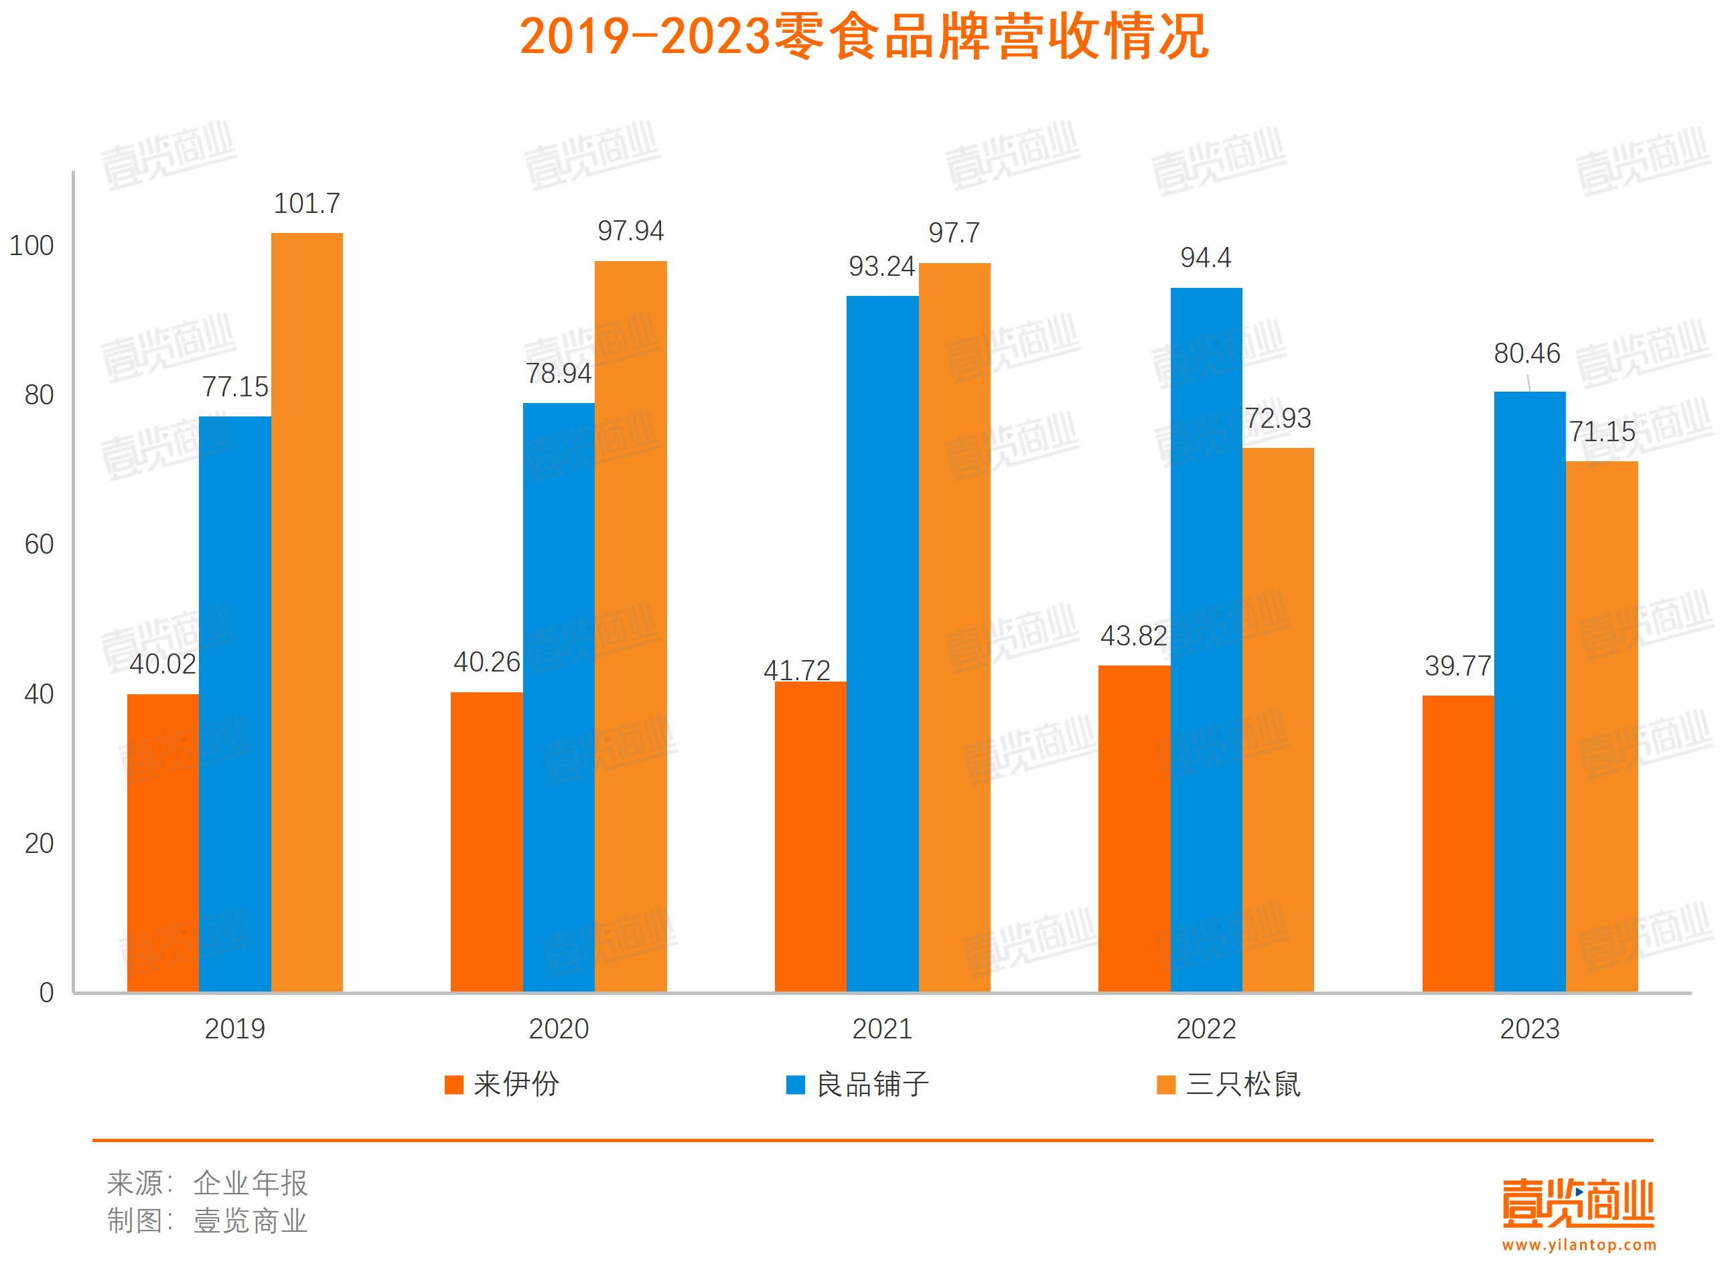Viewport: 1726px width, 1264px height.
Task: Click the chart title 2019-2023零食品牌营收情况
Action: (863, 37)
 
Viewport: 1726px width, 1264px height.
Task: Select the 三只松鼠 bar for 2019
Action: (306, 612)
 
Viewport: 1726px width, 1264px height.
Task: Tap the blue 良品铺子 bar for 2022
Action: (1206, 639)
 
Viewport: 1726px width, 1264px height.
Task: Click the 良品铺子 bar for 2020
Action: (558, 697)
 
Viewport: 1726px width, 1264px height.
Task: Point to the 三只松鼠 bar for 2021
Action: (954, 627)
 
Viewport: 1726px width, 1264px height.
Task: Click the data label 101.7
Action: (306, 204)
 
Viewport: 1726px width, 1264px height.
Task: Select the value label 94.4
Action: (1206, 258)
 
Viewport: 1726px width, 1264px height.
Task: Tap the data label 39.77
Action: (1457, 665)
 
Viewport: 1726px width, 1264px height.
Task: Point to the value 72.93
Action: (1277, 418)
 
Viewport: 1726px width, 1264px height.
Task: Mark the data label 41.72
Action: (797, 670)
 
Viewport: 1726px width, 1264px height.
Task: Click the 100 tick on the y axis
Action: (31, 246)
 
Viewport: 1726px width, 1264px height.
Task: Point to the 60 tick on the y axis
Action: (39, 544)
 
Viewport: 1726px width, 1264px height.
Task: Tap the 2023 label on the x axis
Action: (1529, 1028)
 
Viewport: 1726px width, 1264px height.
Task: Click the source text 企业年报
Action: (250, 1183)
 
